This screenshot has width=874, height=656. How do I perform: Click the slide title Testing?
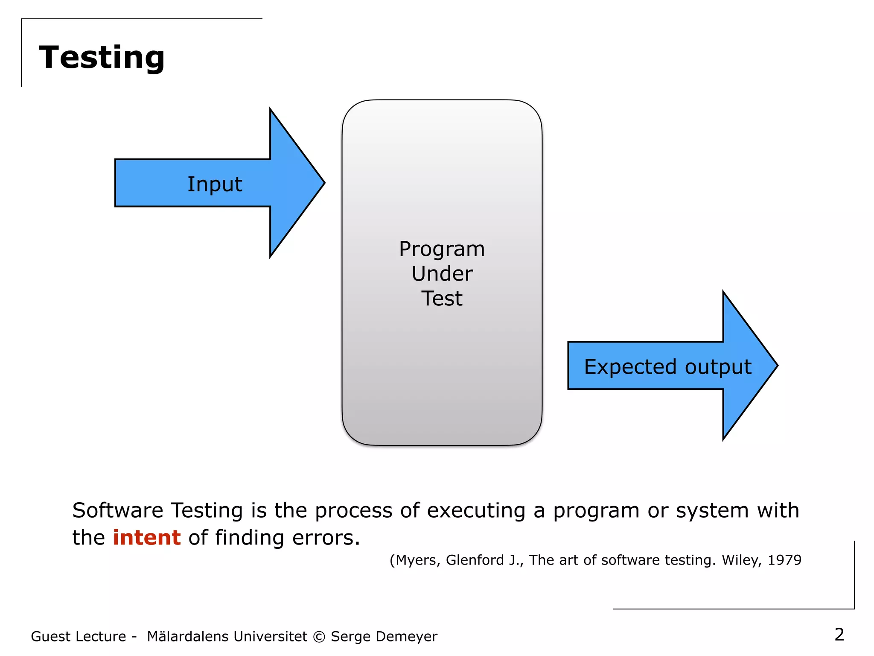(x=102, y=57)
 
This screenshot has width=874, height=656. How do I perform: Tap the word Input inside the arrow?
(x=215, y=184)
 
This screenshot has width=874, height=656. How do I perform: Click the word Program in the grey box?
(x=442, y=249)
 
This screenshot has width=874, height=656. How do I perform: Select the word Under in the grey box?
(x=442, y=274)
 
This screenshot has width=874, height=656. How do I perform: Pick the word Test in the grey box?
(x=442, y=299)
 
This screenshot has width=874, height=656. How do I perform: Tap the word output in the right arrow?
(x=718, y=367)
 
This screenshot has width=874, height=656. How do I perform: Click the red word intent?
(x=147, y=537)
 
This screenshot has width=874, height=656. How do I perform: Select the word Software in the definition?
(x=117, y=510)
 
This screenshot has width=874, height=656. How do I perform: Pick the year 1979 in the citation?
(x=784, y=560)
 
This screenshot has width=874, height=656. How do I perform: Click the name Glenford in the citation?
(x=475, y=560)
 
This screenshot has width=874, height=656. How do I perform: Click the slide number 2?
(x=839, y=635)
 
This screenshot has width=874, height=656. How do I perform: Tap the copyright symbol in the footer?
(x=319, y=637)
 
